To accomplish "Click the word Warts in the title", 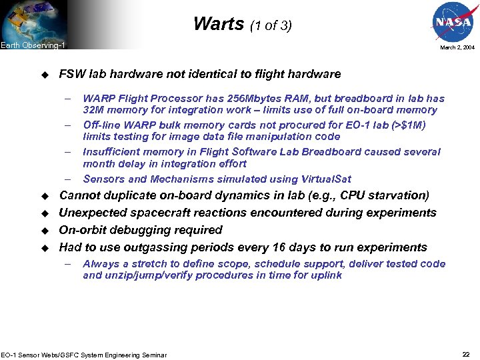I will (x=219, y=24).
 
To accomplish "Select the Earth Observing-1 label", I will (x=33, y=45).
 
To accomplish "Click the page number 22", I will (x=465, y=353).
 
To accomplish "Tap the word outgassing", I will (x=149, y=247).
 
